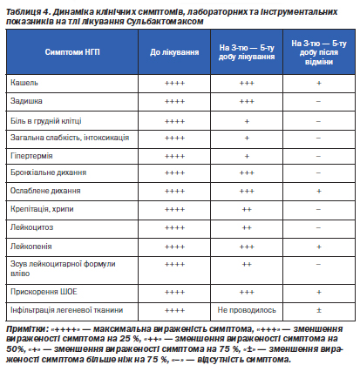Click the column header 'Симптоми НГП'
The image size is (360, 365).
(72, 52)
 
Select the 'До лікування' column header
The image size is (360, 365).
(174, 52)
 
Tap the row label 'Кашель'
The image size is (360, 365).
(24, 83)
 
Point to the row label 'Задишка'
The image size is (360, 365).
(26, 101)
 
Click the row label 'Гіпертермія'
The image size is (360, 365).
(31, 156)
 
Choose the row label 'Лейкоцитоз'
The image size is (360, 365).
(31, 227)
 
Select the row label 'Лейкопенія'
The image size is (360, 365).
(31, 247)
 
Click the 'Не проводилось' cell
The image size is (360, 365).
(247, 310)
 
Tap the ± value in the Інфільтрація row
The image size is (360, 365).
(319, 310)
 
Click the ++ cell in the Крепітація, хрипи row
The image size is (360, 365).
(247, 209)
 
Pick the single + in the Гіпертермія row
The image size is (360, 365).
(247, 156)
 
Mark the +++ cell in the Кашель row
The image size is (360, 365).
(247, 84)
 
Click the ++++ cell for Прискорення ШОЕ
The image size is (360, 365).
(174, 292)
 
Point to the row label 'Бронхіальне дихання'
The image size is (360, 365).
(48, 172)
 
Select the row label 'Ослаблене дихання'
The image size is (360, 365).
(45, 191)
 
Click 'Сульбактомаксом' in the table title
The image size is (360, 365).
(165, 22)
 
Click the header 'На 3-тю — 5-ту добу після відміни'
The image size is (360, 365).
(319, 52)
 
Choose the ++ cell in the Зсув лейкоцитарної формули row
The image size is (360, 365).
(247, 265)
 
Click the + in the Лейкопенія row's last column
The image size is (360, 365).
(319, 247)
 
